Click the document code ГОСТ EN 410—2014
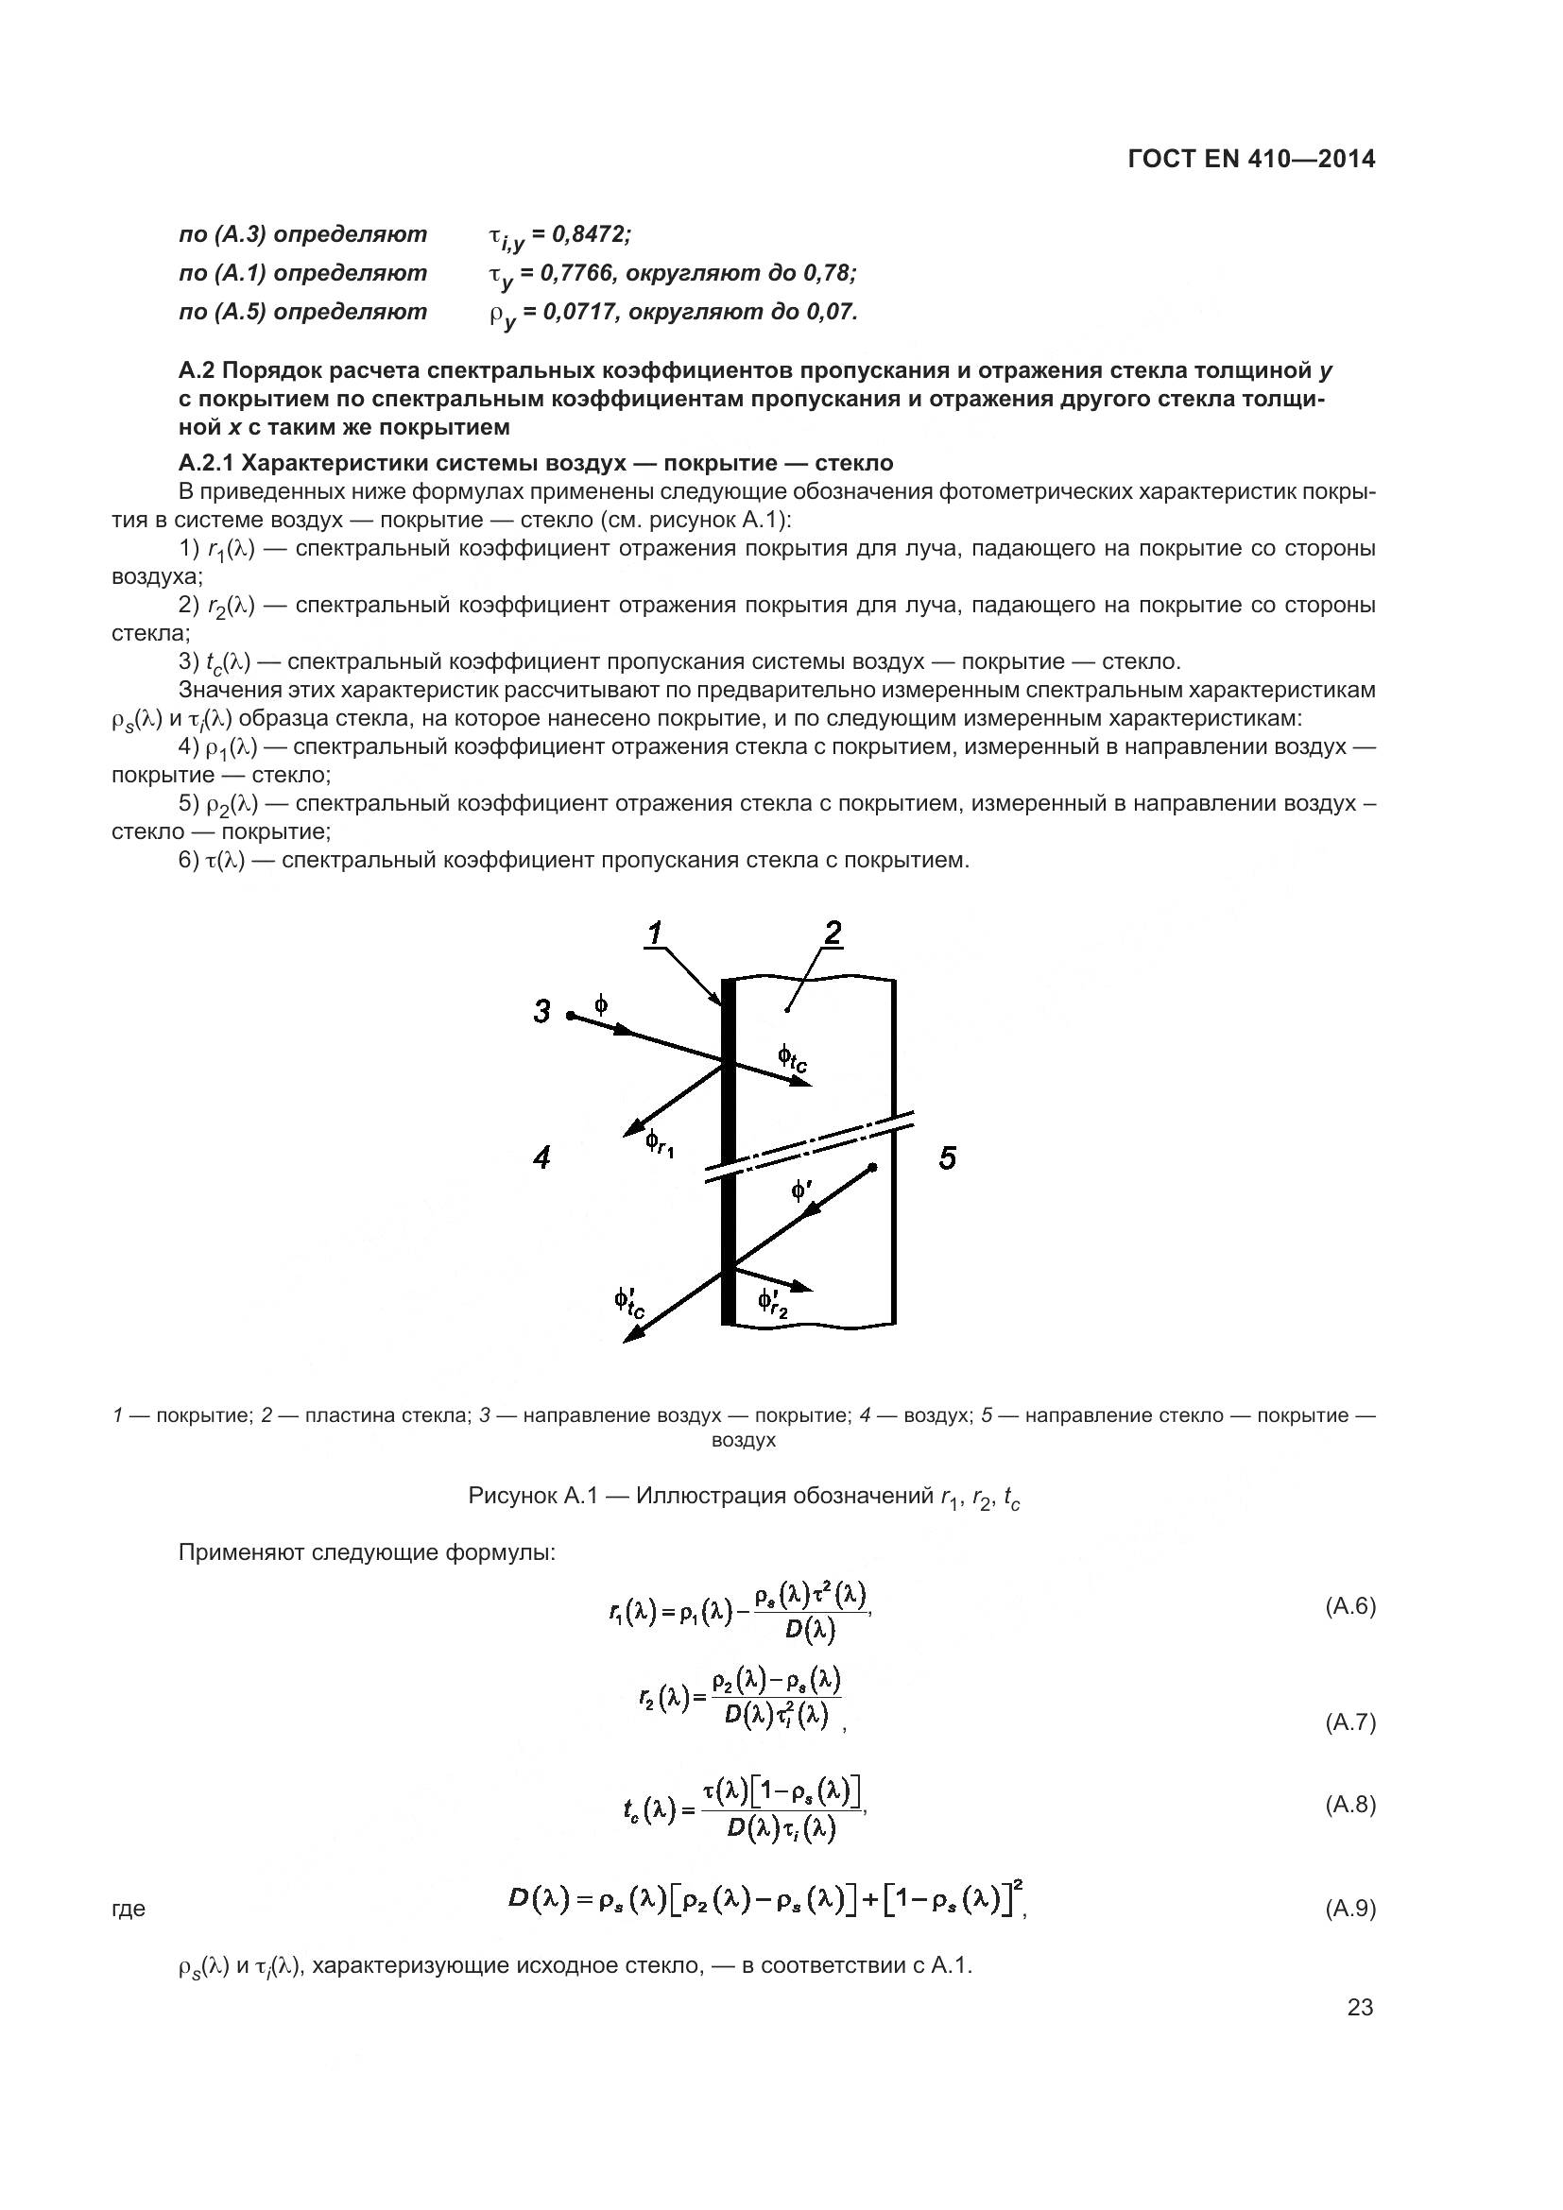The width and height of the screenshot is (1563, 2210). coord(1250,159)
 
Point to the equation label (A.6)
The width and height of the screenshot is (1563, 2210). coord(1350,1605)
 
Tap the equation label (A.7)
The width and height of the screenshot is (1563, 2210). coord(1350,1723)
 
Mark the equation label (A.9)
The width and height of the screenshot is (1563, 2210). coord(1350,1909)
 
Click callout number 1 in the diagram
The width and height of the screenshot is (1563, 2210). coord(655,933)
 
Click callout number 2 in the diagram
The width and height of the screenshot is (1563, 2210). coord(832,932)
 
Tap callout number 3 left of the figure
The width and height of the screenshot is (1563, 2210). coord(542,1012)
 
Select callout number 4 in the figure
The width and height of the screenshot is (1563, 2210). coord(541,1158)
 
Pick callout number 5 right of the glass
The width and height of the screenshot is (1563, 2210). coord(948,1158)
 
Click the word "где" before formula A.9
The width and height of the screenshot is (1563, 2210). coord(129,1910)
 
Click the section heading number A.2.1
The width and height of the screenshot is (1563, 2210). coord(206,464)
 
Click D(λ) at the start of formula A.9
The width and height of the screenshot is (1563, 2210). coord(541,1899)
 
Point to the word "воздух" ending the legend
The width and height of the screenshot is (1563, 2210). coord(743,1441)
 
